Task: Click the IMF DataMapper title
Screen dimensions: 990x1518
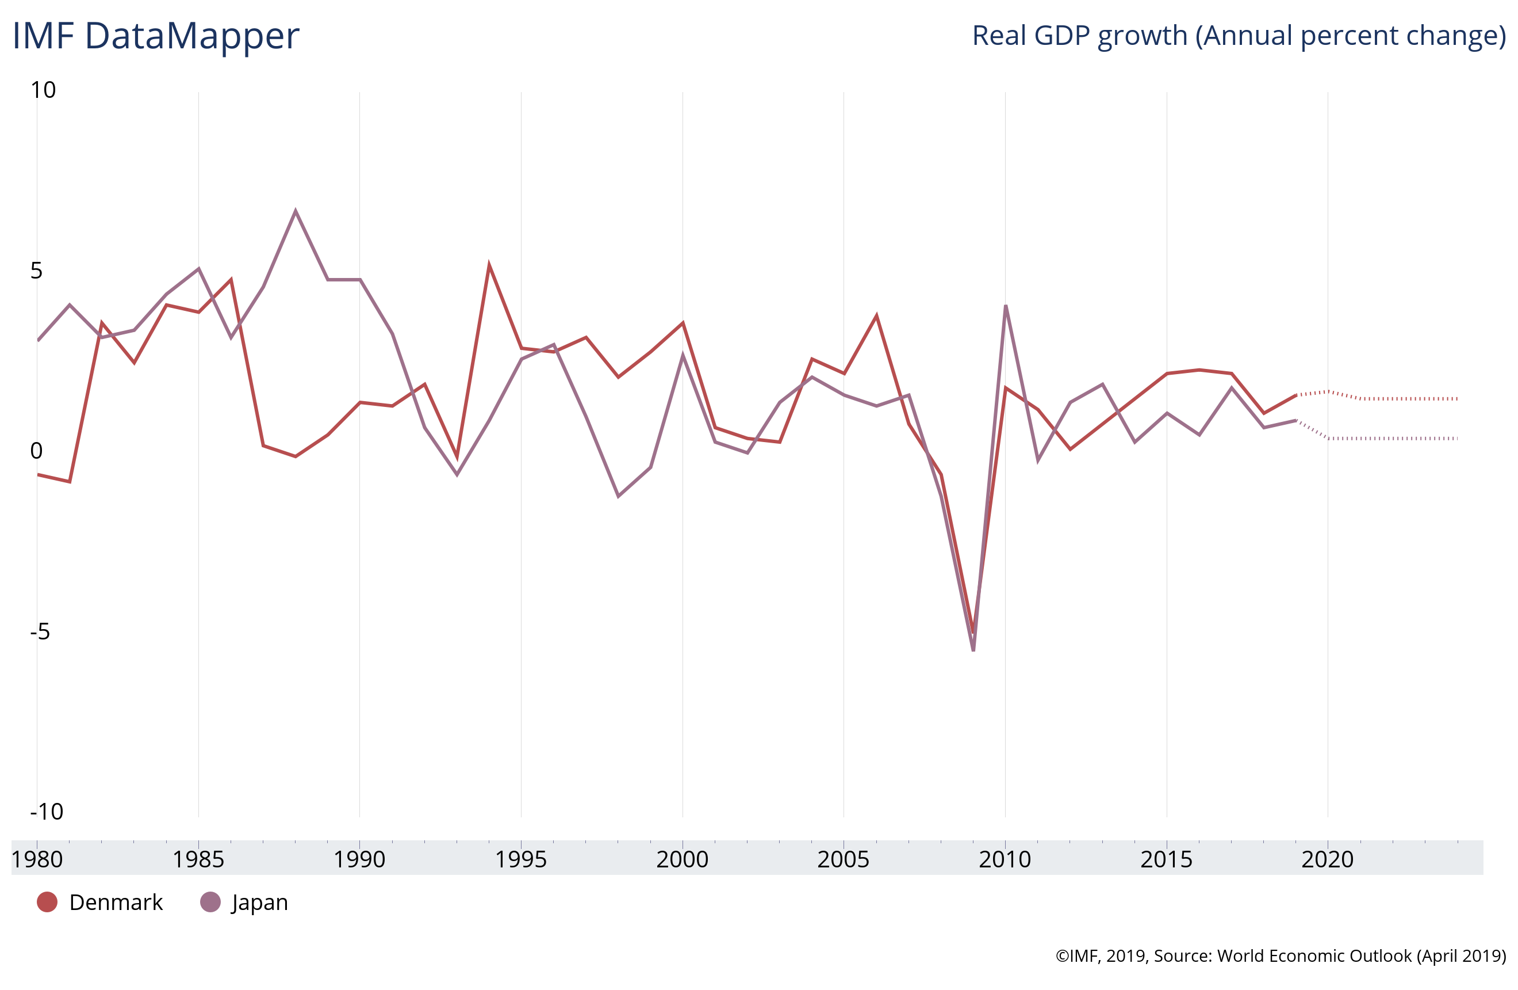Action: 156,36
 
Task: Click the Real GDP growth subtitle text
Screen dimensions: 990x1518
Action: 1238,36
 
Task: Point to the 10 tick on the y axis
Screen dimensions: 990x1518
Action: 43,90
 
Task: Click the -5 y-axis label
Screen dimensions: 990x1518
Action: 40,631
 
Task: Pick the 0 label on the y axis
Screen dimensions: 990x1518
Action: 36,451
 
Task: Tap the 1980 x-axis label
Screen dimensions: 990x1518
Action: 37,859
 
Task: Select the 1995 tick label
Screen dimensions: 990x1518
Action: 521,859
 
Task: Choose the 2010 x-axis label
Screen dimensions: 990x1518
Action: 1005,859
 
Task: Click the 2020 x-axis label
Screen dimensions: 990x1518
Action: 1327,859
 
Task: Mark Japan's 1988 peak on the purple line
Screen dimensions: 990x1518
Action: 296,211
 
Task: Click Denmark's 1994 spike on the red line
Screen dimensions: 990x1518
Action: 489,265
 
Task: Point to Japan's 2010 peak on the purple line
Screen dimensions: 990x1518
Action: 1006,306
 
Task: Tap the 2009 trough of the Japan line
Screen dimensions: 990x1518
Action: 973,650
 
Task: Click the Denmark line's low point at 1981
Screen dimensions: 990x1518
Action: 70,481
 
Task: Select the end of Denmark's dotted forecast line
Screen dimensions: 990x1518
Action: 1457,399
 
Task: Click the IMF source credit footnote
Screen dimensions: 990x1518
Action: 1280,955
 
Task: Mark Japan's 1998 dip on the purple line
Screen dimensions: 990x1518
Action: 618,496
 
